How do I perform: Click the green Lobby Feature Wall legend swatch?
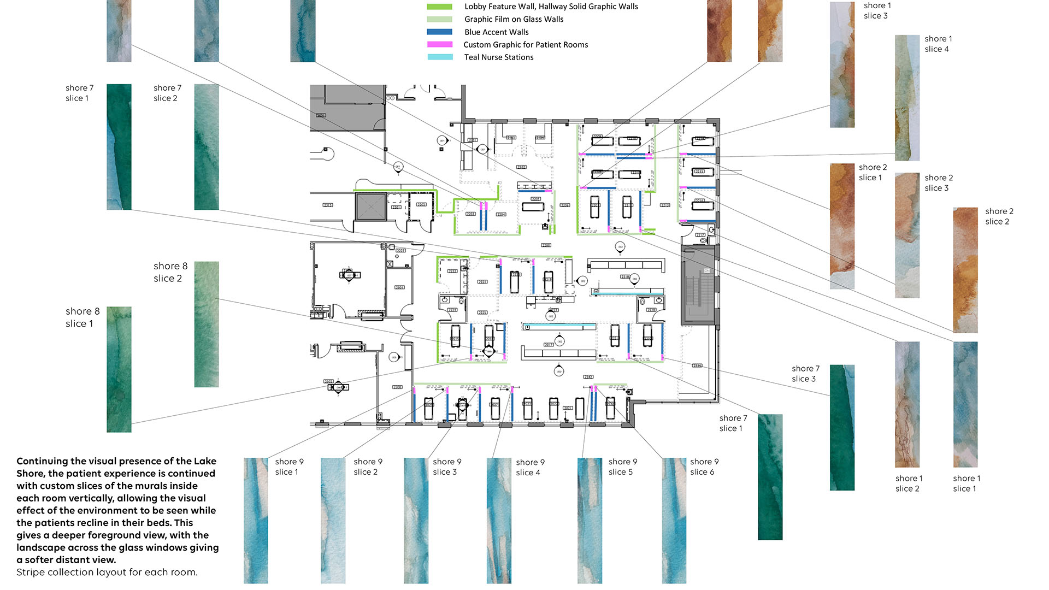pyautogui.click(x=439, y=7)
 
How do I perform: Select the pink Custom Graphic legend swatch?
pyautogui.click(x=439, y=44)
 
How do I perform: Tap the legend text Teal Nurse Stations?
pyautogui.click(x=498, y=57)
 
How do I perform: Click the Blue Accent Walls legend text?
pyautogui.click(x=496, y=32)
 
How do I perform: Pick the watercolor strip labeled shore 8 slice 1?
pyautogui.click(x=119, y=369)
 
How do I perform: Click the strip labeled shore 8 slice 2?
pyautogui.click(x=207, y=324)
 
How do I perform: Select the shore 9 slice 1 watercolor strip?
pyautogui.click(x=256, y=520)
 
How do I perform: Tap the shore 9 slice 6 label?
pyautogui.click(x=704, y=467)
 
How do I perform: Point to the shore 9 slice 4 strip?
pyautogui.click(x=499, y=520)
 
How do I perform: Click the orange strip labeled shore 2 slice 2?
pyautogui.click(x=965, y=270)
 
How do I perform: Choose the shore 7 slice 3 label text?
pyautogui.click(x=805, y=374)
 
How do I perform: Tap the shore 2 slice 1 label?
pyautogui.click(x=872, y=172)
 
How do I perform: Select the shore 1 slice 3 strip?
pyautogui.click(x=842, y=64)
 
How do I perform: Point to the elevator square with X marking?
pyautogui.click(x=371, y=206)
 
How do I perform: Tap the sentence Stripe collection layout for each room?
pyautogui.click(x=107, y=572)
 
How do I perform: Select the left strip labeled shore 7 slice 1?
pyautogui.click(x=119, y=146)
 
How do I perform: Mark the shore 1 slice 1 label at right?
pyautogui.click(x=966, y=483)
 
